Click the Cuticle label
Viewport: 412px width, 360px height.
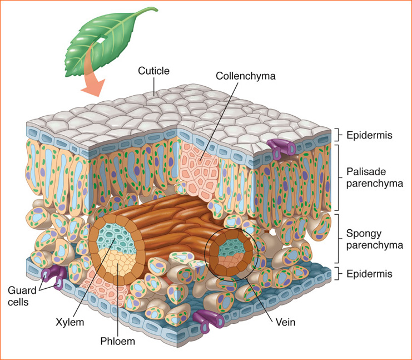coord(154,71)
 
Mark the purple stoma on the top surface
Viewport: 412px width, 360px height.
coord(282,148)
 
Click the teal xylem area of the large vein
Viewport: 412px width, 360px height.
coord(115,239)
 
